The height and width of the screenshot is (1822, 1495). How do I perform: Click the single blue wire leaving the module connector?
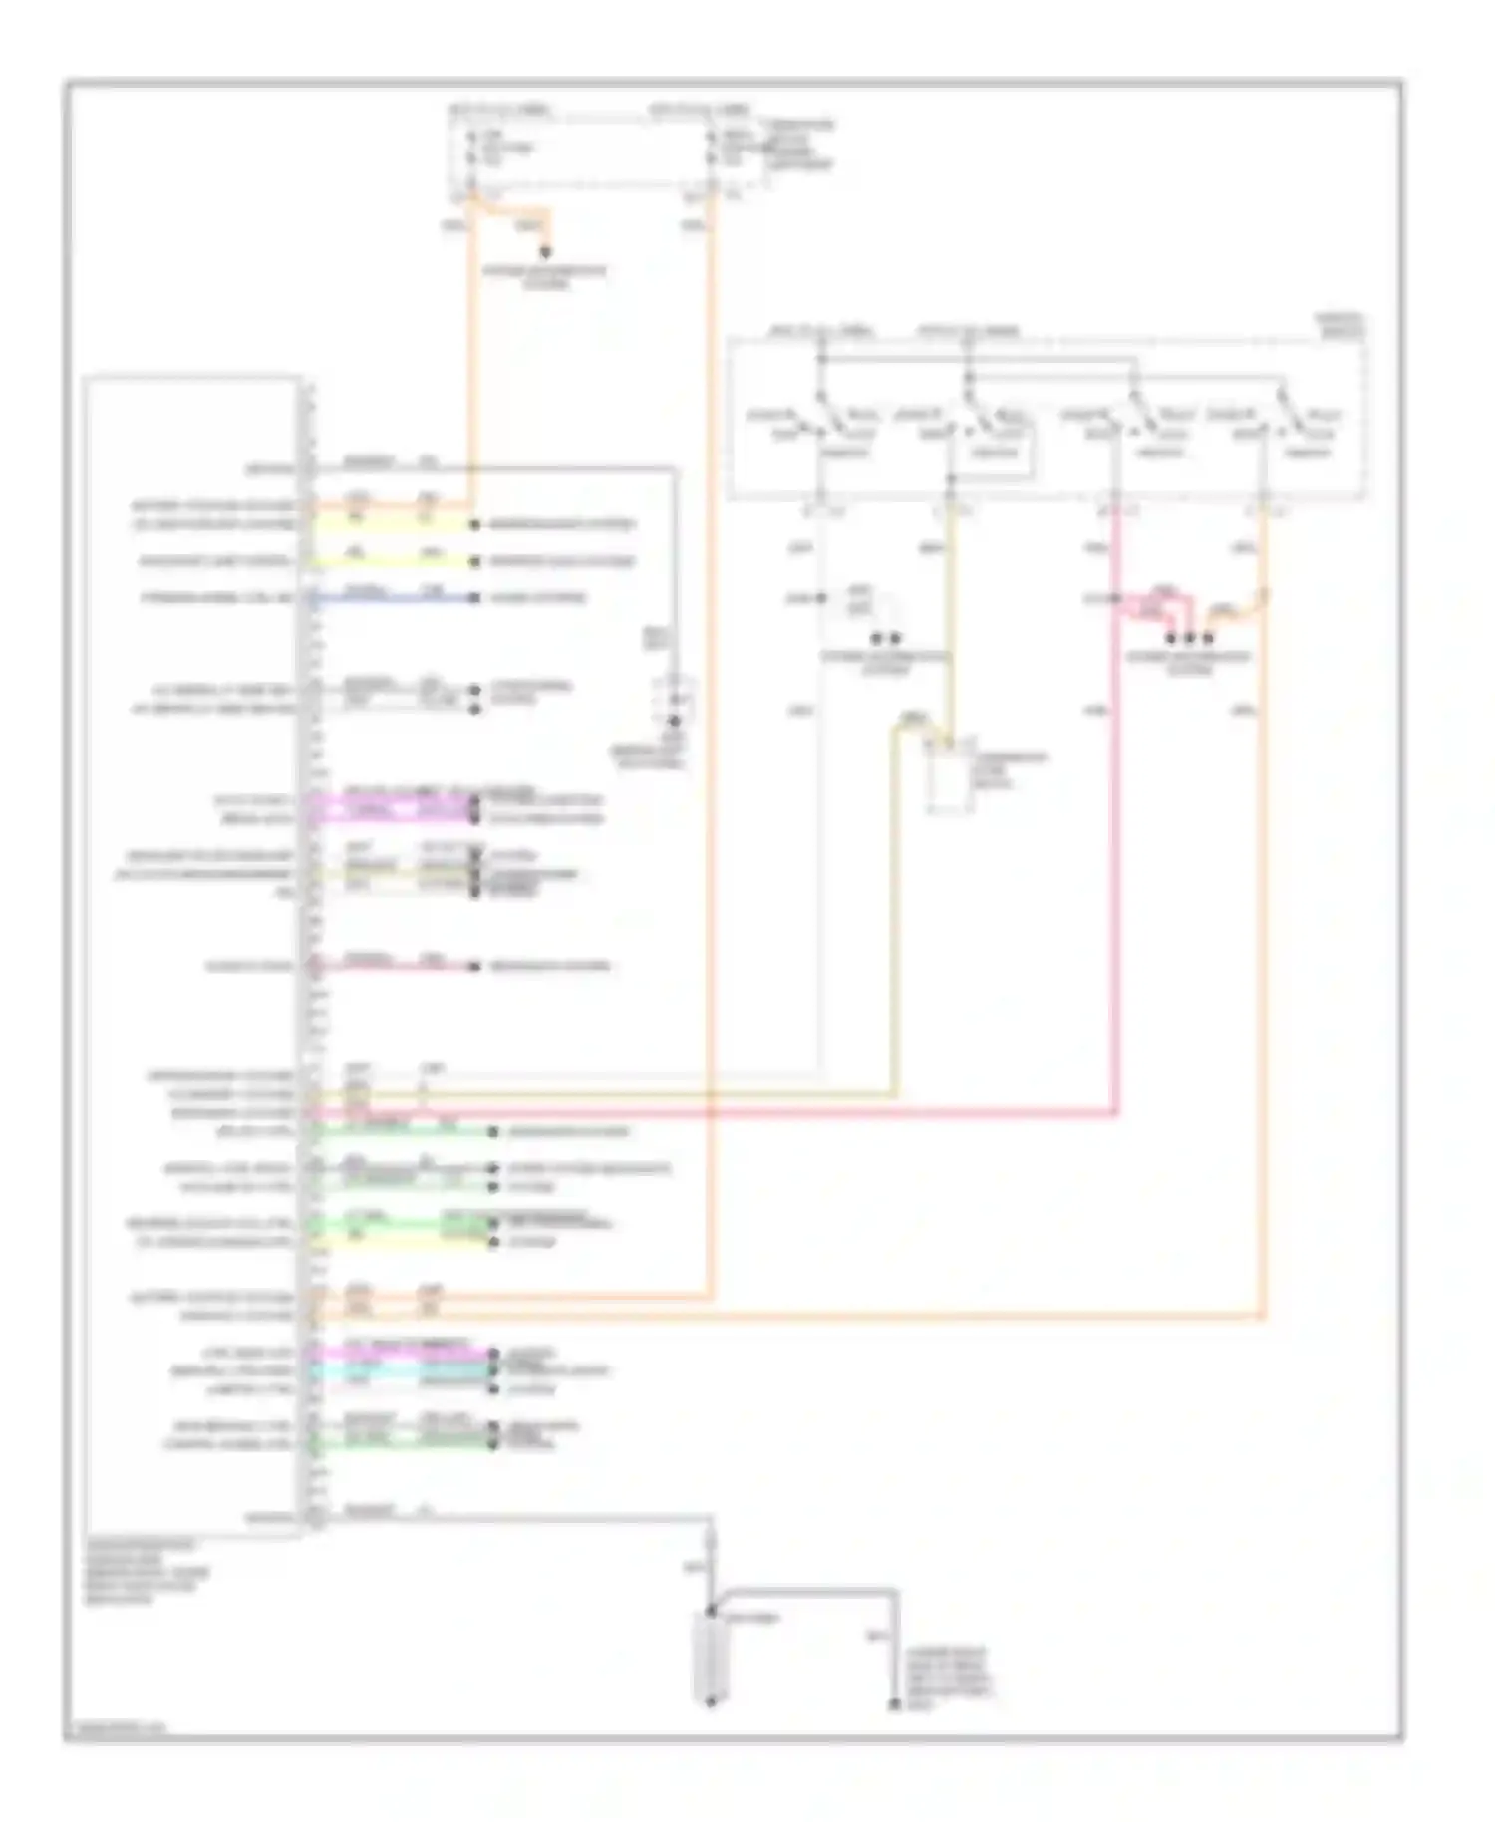(x=399, y=599)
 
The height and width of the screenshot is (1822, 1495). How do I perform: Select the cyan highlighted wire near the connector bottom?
(x=399, y=1371)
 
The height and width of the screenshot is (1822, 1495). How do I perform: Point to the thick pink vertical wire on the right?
(x=1114, y=847)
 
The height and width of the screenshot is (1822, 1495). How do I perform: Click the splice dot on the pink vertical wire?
(x=1114, y=599)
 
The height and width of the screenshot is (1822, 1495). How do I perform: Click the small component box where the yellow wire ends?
(x=950, y=777)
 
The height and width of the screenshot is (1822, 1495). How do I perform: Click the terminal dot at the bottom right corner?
(x=894, y=1707)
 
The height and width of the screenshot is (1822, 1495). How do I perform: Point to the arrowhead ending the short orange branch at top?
(x=545, y=253)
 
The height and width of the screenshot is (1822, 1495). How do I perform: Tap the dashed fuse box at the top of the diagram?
(x=608, y=150)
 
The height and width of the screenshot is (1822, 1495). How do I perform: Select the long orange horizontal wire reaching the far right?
(x=797, y=1317)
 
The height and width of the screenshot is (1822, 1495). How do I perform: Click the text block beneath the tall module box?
(x=140, y=1571)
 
